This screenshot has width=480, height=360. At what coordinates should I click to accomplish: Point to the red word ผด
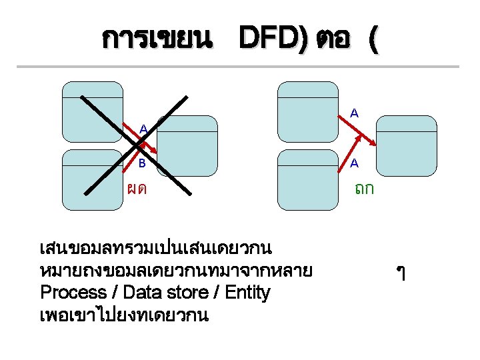(137, 189)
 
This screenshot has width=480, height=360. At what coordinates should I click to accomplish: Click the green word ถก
(364, 189)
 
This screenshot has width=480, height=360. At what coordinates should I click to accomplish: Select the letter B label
(142, 161)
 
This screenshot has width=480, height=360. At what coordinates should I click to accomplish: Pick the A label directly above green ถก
(355, 162)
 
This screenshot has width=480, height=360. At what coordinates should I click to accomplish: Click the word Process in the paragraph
(73, 293)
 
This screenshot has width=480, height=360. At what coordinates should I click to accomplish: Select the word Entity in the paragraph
(247, 293)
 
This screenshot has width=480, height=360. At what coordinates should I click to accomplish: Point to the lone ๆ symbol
(401, 272)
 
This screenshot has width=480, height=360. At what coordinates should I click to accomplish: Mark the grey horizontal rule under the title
(237, 67)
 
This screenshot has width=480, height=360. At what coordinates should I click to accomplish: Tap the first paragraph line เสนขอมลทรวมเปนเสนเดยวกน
(155, 249)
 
